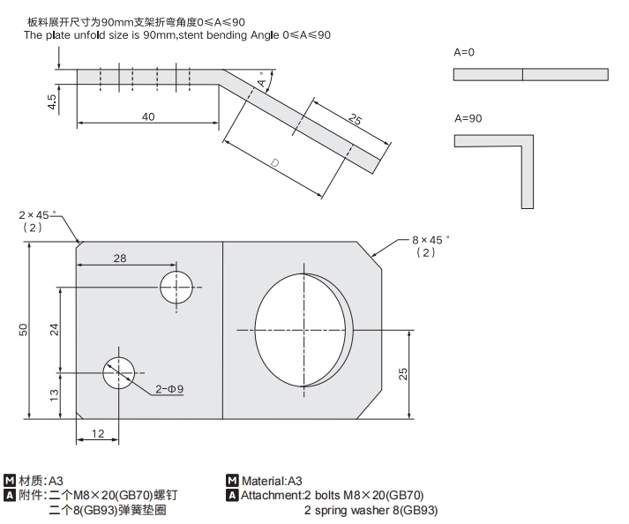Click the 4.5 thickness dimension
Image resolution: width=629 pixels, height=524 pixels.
click(52, 103)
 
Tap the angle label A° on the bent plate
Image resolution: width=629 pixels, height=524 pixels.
click(262, 82)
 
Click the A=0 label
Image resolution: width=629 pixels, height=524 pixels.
click(464, 53)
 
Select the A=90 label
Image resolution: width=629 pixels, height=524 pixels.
click(467, 118)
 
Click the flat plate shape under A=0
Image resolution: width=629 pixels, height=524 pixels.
click(530, 74)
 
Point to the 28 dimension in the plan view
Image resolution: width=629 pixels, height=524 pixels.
click(119, 257)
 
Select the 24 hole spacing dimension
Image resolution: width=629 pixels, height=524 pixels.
click(54, 329)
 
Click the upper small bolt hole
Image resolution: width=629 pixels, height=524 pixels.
click(176, 287)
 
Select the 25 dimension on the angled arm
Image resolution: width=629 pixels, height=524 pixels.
click(353, 121)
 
